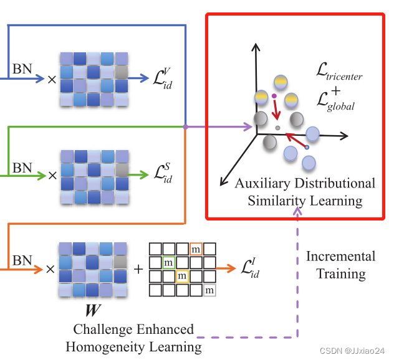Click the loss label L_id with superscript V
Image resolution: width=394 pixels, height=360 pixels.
[x=158, y=80]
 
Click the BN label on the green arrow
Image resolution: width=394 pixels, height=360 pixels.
[x=22, y=167]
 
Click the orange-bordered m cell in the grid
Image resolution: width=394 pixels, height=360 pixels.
[x=196, y=249]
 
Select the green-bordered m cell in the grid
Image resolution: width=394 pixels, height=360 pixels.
[x=168, y=262]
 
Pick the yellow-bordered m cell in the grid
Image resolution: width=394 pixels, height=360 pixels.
[x=182, y=275]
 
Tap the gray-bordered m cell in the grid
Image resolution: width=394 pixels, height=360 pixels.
[x=210, y=289]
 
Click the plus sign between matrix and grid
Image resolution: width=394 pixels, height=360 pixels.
[x=138, y=269]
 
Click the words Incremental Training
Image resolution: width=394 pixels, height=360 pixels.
[x=340, y=265]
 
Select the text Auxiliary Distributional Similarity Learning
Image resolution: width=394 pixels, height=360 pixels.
[x=305, y=192]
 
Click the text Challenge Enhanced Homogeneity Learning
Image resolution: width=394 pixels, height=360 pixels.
[x=133, y=338]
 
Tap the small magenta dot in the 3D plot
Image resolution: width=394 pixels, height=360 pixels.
[x=274, y=96]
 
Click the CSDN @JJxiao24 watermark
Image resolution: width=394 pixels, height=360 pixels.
[x=353, y=351]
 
